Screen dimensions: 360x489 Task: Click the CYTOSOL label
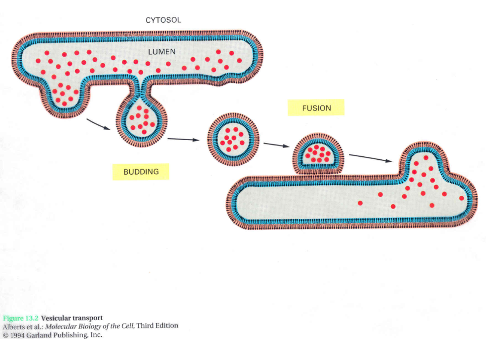coord(163,20)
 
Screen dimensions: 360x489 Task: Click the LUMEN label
coord(162,51)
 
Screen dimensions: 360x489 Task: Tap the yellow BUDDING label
coord(141,172)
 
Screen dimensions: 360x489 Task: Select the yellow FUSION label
coord(316,108)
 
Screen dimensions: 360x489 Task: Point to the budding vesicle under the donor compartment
coord(142,121)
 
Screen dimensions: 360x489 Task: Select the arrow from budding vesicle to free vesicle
coord(183,139)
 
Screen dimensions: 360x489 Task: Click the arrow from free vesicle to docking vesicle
coord(276,144)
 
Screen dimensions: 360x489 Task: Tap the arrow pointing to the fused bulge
coord(371,158)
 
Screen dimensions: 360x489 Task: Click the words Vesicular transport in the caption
coord(72,318)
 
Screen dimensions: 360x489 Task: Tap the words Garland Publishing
coord(59,335)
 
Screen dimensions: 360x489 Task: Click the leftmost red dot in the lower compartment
coord(360,203)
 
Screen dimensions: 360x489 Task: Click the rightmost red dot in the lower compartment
coord(461,198)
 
